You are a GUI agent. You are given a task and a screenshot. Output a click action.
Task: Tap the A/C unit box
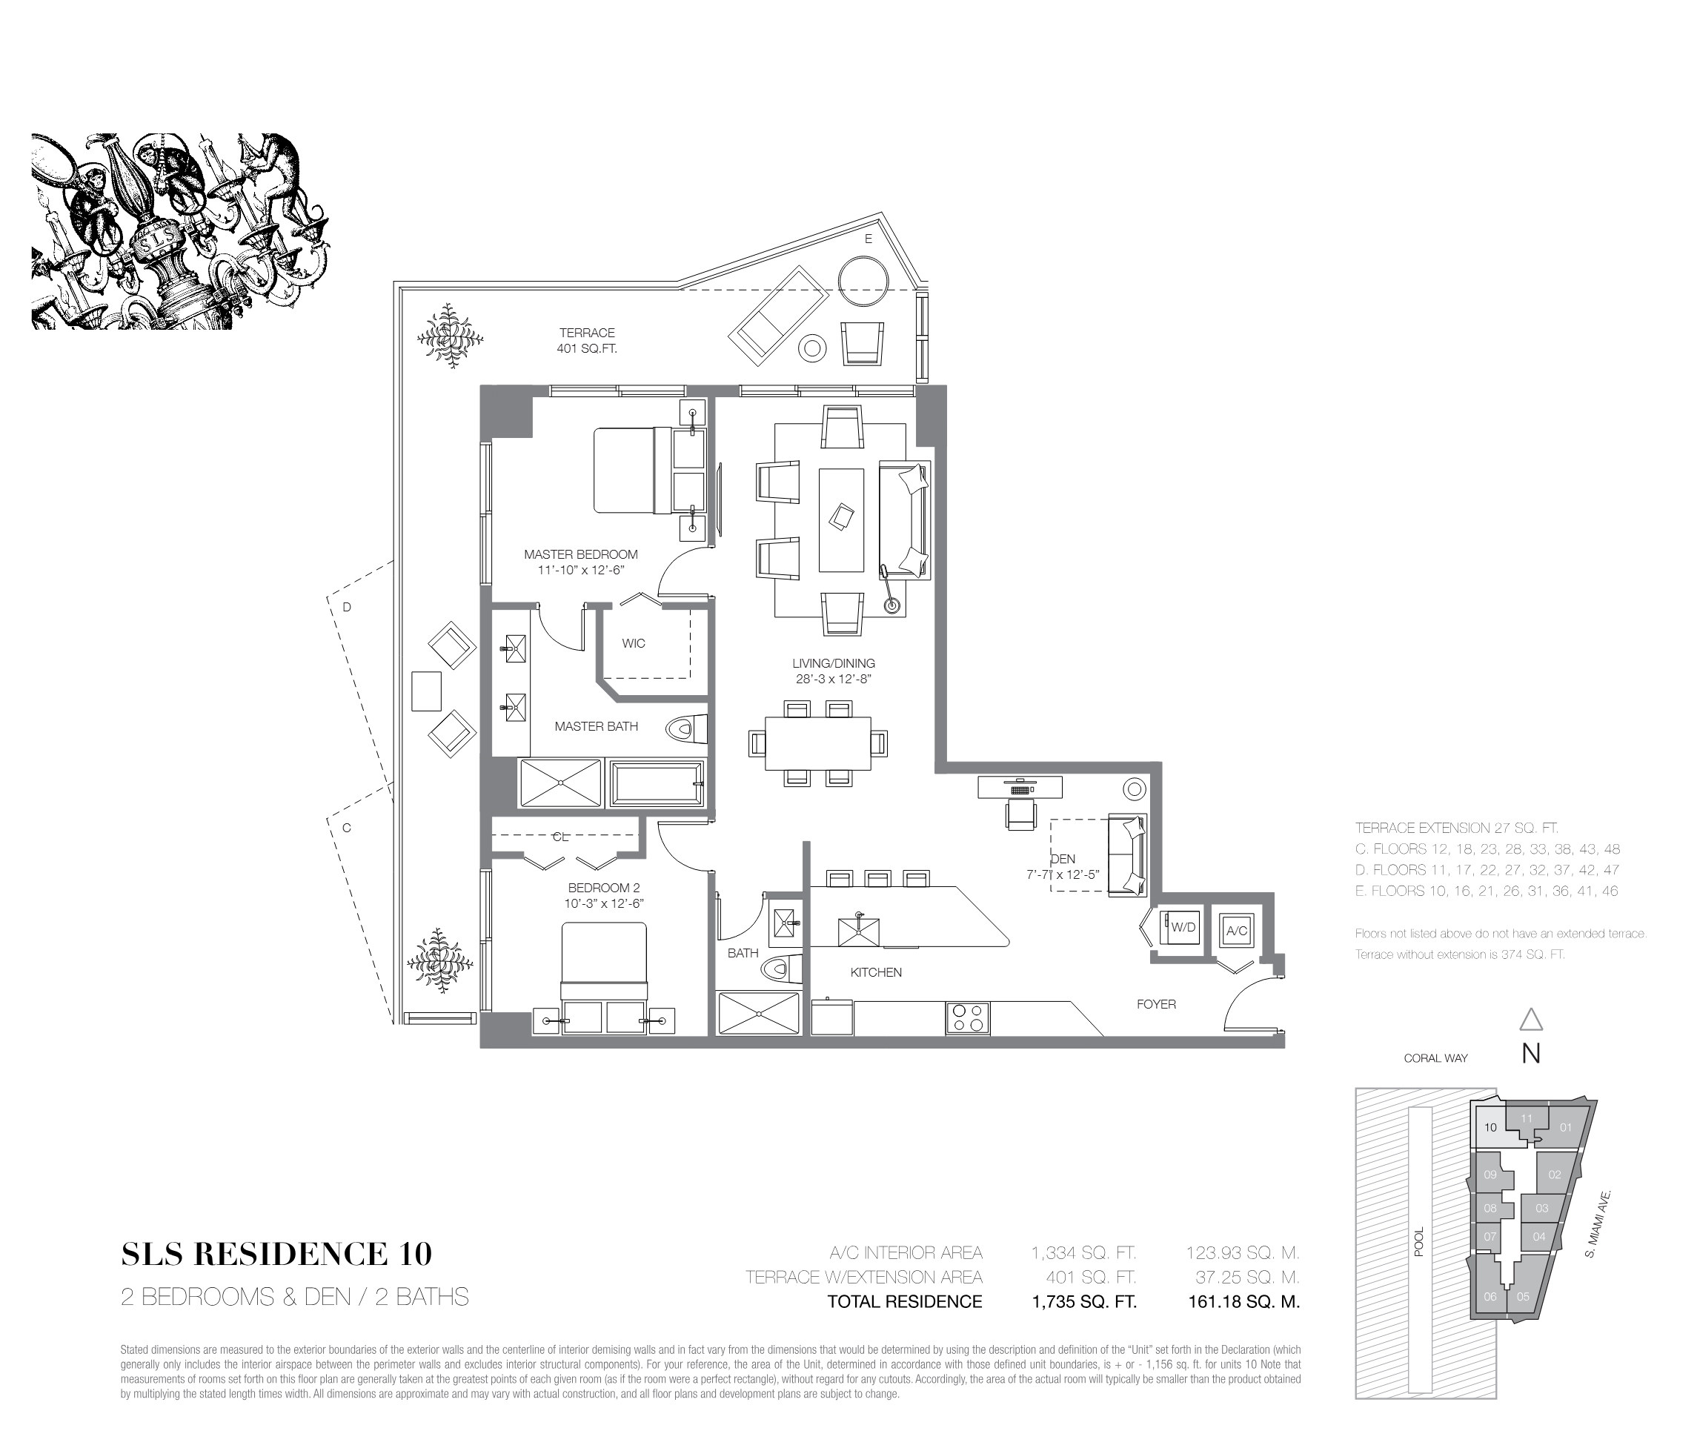coord(1236,929)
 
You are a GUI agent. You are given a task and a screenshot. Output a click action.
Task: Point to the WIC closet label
coord(633,644)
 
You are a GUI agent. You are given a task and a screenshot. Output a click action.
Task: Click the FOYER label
coord(1155,1004)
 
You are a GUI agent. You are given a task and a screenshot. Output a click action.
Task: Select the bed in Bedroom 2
coord(604,963)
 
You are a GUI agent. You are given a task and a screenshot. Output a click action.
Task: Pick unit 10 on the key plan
coord(1490,1128)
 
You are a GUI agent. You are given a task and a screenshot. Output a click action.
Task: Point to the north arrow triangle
coord(1531,1019)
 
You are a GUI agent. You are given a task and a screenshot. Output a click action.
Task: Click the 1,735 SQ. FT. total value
coord(1083,1301)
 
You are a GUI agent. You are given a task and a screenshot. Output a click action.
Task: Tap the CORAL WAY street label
coord(1435,1058)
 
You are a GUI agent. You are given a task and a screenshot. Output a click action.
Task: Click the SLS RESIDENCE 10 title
coord(277,1254)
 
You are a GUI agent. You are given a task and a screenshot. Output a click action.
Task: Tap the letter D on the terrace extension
coord(347,607)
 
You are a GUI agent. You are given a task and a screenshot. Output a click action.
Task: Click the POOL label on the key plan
coord(1419,1241)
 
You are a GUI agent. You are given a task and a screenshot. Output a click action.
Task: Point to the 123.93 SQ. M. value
coord(1243,1252)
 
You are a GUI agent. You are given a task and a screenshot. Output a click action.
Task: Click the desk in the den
coord(1020,787)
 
